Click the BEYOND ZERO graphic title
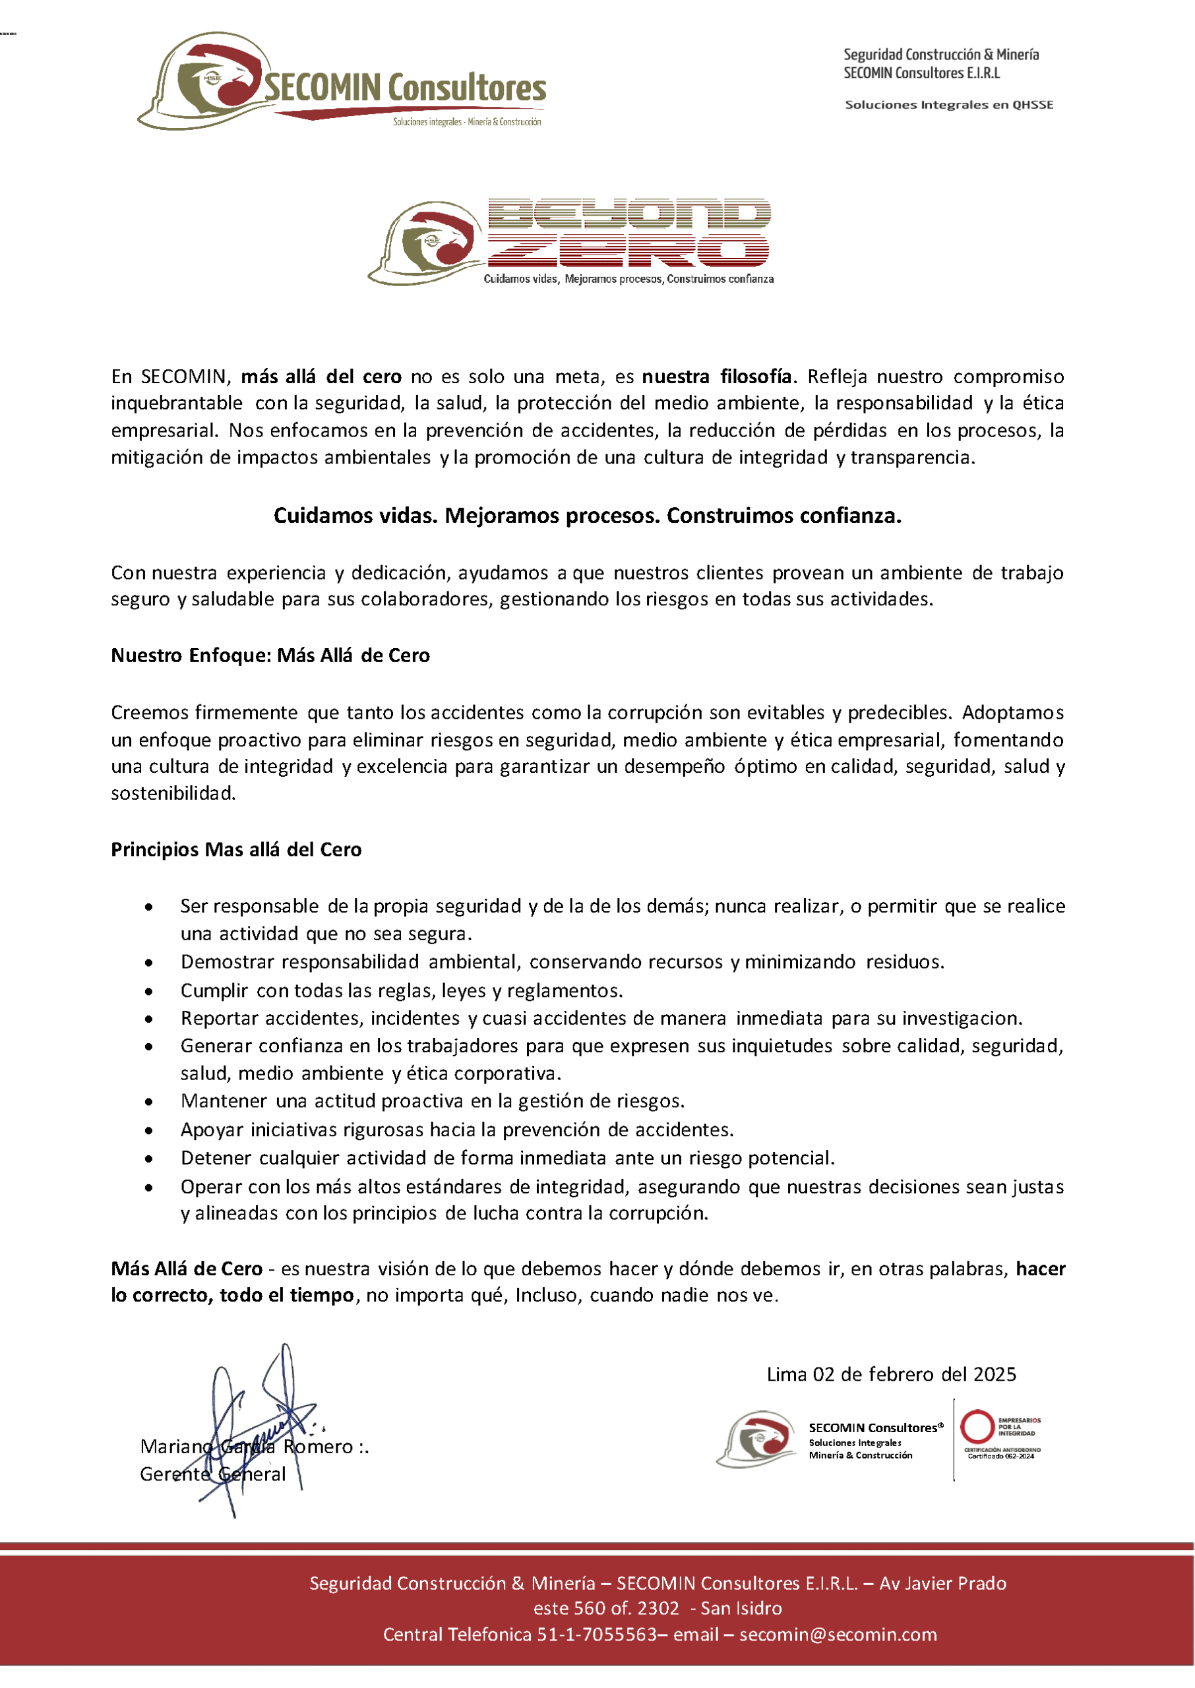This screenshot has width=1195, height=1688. tap(629, 232)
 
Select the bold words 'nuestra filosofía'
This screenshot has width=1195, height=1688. tap(718, 377)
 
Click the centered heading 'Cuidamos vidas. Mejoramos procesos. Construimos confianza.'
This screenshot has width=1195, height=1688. tap(587, 516)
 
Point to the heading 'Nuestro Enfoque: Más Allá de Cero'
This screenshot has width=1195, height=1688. tap(270, 655)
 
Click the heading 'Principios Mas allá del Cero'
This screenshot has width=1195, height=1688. tap(236, 849)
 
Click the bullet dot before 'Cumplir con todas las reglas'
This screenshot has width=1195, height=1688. tap(149, 992)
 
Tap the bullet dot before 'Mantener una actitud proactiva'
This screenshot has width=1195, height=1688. tap(149, 1102)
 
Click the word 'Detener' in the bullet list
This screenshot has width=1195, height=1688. tap(215, 1159)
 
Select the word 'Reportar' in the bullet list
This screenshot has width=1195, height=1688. tap(218, 1019)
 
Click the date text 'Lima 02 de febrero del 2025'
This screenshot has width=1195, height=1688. tap(891, 1375)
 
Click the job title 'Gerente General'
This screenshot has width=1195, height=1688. tap(212, 1475)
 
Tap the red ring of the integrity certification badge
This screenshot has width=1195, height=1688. tap(977, 1426)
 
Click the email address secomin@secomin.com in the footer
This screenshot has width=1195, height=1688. tap(838, 1635)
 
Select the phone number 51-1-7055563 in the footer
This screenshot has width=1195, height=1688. tap(597, 1635)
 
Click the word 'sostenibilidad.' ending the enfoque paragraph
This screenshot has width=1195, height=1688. tap(173, 794)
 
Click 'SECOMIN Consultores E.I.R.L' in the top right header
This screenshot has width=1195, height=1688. tap(921, 73)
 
